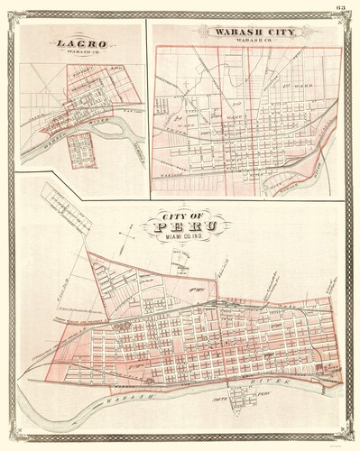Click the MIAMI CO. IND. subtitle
tap(188, 236)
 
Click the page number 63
tap(340, 7)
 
